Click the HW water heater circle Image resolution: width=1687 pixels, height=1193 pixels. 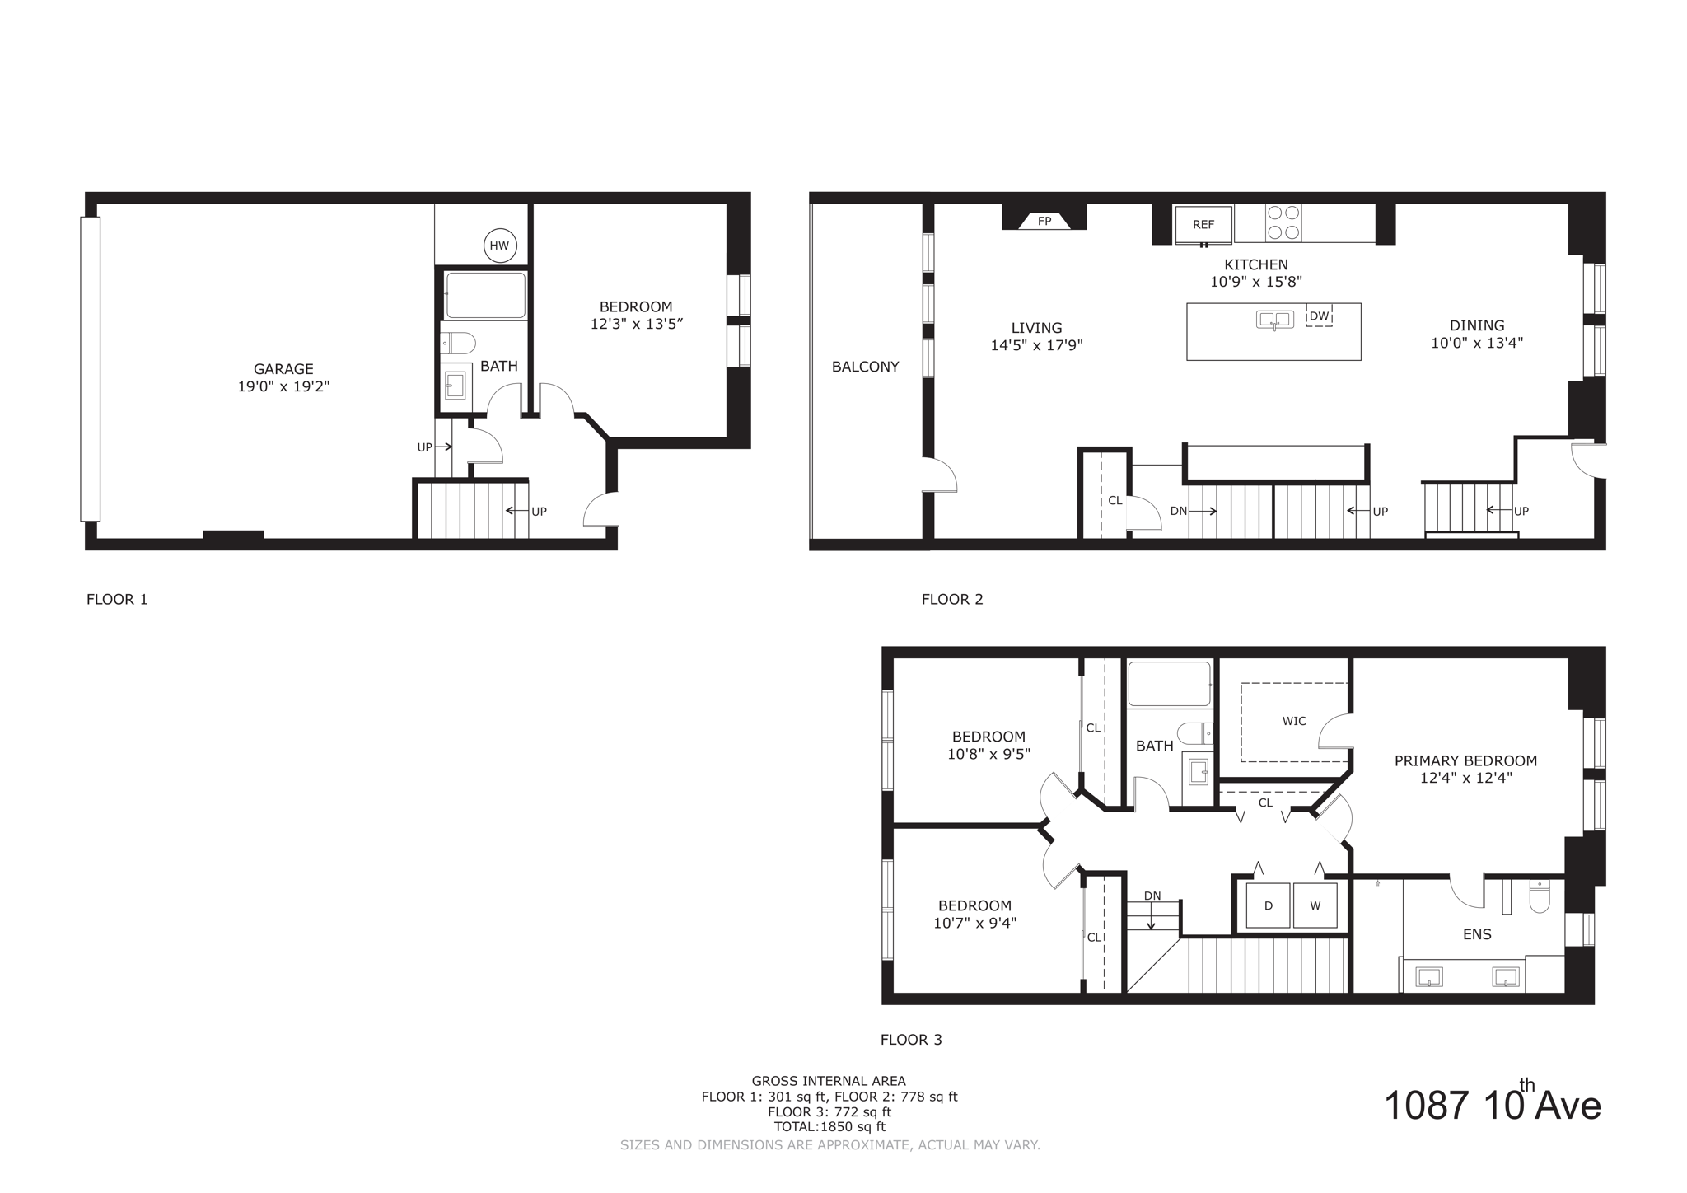tap(499, 246)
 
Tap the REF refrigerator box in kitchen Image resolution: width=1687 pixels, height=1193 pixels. tap(1203, 224)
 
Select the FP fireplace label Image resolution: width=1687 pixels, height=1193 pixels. tap(1044, 221)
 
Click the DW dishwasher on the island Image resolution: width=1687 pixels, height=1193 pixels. tap(1319, 316)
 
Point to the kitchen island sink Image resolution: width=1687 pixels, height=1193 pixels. tap(1274, 319)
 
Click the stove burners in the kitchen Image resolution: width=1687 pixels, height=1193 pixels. tap(1284, 222)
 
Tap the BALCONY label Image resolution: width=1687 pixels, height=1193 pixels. tap(865, 367)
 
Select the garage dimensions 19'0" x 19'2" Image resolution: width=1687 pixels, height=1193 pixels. tap(283, 386)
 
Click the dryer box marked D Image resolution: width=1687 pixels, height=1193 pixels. tap(1268, 905)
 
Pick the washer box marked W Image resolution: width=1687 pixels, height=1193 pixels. tap(1315, 905)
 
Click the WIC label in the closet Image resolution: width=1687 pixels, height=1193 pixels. tap(1294, 721)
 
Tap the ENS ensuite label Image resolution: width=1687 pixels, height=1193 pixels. tap(1477, 934)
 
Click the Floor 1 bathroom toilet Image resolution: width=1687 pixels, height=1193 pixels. tap(458, 342)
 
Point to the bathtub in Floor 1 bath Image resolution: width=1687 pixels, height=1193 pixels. tap(485, 295)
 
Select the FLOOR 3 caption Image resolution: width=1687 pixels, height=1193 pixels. tap(911, 1040)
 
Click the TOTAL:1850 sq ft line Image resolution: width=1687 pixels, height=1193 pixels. tap(829, 1127)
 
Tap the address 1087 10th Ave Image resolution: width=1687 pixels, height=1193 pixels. tap(1492, 1105)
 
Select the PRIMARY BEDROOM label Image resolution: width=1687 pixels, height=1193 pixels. tap(1465, 760)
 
